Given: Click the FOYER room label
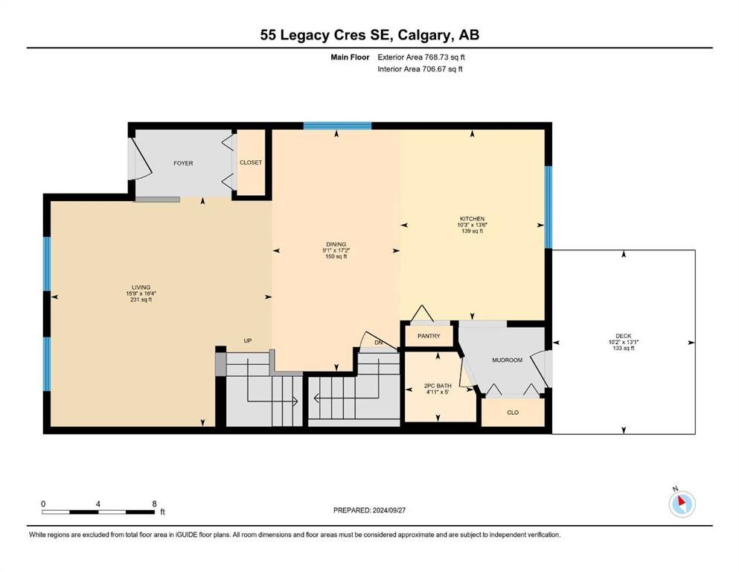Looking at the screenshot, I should click(183, 163).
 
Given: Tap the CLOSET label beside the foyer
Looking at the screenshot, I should click(251, 162).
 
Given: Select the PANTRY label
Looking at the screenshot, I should click(429, 336).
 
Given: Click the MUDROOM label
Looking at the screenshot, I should click(507, 360).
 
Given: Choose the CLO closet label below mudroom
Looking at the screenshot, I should click(512, 412).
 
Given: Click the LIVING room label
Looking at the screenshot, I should click(141, 287).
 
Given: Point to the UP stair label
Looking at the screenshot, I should click(248, 341).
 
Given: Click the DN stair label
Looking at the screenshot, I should click(378, 343).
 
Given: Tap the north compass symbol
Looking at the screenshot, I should click(682, 503).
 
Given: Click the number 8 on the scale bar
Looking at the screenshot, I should click(154, 503).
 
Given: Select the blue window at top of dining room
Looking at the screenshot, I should click(337, 125).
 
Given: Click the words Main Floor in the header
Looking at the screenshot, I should click(349, 57).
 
